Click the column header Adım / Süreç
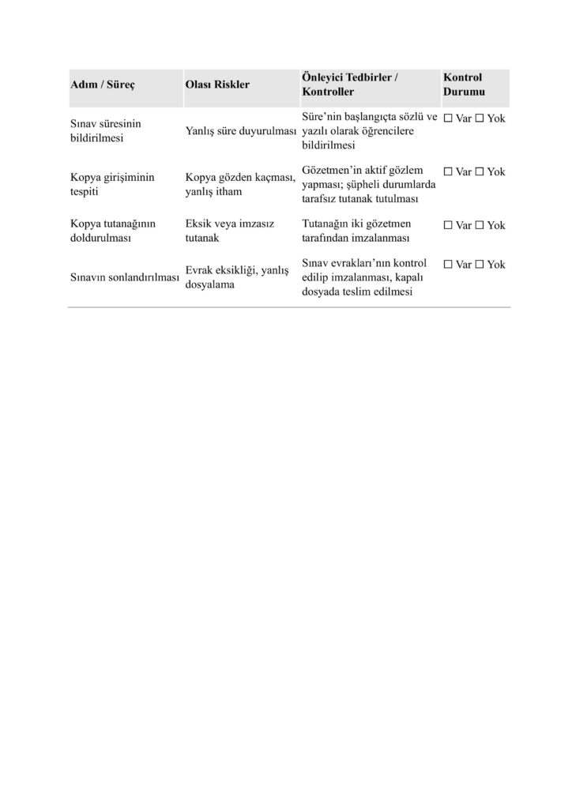[x=103, y=85]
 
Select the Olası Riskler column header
[x=216, y=85]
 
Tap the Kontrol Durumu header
[x=463, y=85]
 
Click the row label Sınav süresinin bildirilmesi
[x=106, y=131]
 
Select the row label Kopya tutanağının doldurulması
[x=113, y=230]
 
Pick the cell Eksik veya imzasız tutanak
[x=229, y=230]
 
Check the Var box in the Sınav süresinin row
[x=448, y=119]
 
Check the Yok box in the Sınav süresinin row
[x=479, y=119]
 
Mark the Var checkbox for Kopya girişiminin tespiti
[x=448, y=171]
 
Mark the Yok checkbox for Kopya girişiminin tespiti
[x=479, y=171]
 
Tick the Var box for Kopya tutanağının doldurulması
[x=448, y=225]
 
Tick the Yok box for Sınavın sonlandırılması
[x=479, y=265]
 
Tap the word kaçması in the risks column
[x=278, y=179]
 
